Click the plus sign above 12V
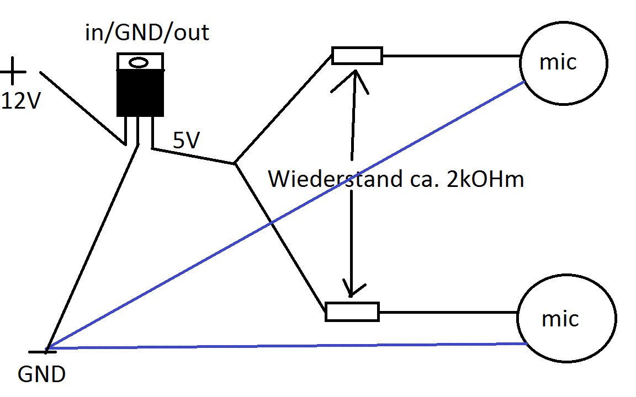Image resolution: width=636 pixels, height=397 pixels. [x=13, y=72]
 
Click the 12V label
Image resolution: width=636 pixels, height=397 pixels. [x=21, y=101]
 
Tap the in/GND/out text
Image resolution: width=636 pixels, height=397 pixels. [x=147, y=33]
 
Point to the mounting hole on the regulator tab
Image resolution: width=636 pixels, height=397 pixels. [x=140, y=62]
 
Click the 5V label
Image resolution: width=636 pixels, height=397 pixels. [x=185, y=142]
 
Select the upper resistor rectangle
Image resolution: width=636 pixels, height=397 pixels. [x=357, y=56]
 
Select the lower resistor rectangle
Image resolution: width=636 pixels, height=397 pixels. [x=352, y=312]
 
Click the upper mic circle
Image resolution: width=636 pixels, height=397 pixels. [x=563, y=63]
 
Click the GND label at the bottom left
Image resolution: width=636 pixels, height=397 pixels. [x=41, y=375]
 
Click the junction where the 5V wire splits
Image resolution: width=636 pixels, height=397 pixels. [x=235, y=164]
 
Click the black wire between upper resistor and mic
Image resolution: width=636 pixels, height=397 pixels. [x=450, y=56]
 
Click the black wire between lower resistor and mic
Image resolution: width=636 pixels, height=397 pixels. [x=447, y=312]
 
